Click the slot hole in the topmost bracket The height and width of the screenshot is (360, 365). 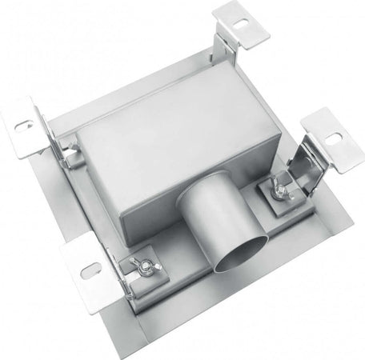tap(239, 25)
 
